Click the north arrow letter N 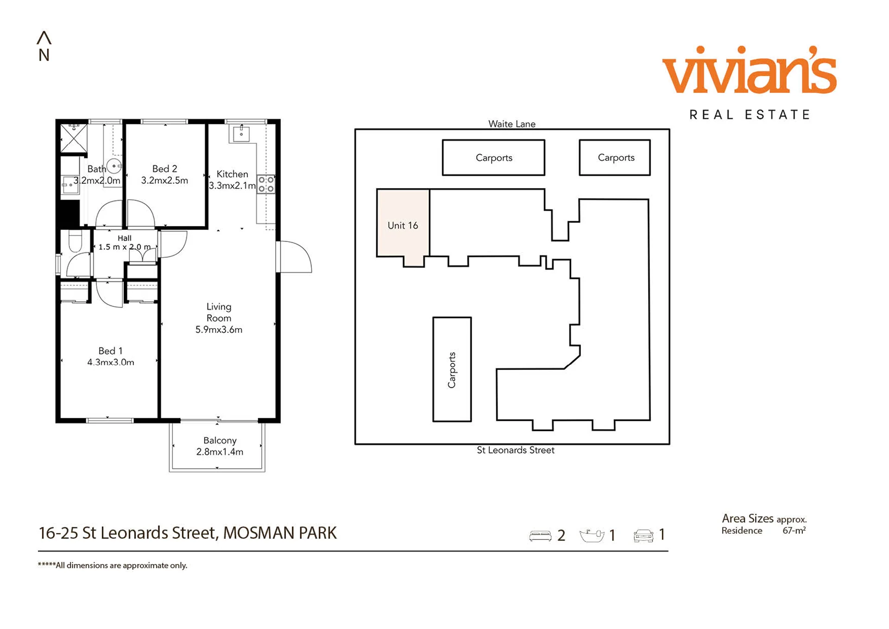coord(44,55)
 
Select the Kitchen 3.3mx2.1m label coord(232,180)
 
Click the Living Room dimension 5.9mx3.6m coord(219,330)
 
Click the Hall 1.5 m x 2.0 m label coord(124,242)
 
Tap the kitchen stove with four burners coord(266,184)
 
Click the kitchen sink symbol coord(241,133)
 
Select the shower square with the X coord(74,138)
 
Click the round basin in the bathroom coord(114,165)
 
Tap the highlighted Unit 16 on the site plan coord(403,226)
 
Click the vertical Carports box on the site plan coord(452,369)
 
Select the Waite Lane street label coord(512,124)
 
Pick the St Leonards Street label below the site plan coord(516,450)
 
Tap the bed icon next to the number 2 coord(540,535)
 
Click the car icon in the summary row coord(643,535)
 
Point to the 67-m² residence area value coord(794,530)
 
